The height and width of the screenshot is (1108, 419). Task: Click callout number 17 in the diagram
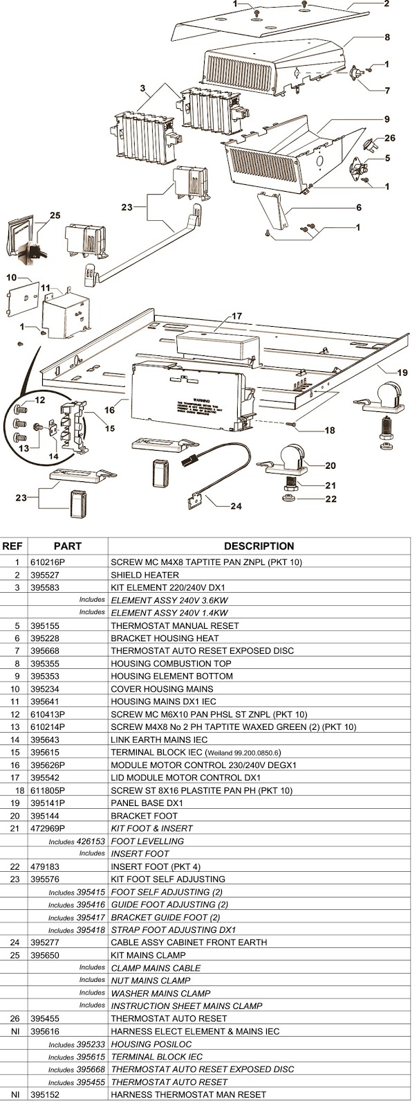236,316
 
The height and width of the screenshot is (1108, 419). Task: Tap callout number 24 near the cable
236,506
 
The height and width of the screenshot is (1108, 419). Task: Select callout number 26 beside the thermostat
390,138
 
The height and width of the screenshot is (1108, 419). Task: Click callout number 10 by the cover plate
12,277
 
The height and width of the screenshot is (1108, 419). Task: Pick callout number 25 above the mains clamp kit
55,215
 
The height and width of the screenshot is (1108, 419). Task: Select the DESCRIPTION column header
259,546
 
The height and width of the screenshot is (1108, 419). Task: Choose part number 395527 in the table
45,575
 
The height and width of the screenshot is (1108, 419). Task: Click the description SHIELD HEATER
145,575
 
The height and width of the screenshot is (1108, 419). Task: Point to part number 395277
45,942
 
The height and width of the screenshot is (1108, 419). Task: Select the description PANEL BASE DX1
147,803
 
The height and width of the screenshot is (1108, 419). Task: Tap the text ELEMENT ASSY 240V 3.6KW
169,600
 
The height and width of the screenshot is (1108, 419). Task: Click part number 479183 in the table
45,866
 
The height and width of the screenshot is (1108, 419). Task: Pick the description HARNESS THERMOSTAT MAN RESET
188,1094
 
